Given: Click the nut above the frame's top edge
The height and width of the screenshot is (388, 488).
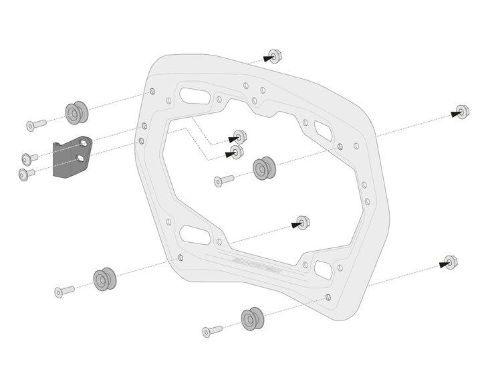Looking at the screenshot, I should coord(273,56).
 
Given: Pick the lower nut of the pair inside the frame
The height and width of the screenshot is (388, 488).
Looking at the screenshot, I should coord(237,152).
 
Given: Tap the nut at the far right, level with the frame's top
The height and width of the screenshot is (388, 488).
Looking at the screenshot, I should coord(460,112).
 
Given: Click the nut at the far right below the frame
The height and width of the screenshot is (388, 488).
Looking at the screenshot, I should coord(449,261).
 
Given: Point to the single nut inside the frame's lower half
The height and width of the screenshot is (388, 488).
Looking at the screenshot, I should coord(303,222).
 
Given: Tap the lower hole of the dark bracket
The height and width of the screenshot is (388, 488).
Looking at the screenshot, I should coord(81,158).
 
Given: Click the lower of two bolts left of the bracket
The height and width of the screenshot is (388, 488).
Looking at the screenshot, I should coord(26,173).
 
